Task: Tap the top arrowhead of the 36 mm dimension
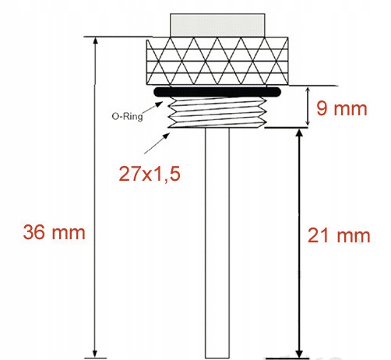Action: [x=96, y=41]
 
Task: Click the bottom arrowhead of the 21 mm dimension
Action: [x=300, y=351]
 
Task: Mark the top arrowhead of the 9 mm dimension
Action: [x=300, y=90]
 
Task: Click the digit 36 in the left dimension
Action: [x=36, y=232]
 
